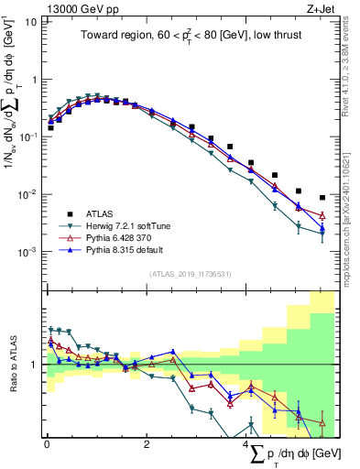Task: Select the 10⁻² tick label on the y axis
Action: point(27,194)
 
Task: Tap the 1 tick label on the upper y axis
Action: point(33,79)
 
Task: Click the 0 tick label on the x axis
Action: point(47,444)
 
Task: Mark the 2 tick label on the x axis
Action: point(147,444)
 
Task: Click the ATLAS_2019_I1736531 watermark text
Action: point(190,274)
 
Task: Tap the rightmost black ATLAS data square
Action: point(322,197)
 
